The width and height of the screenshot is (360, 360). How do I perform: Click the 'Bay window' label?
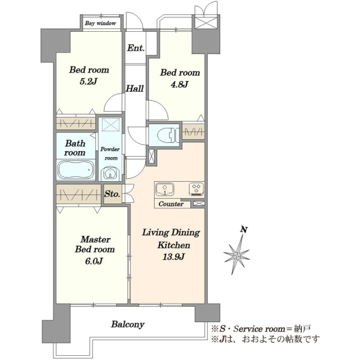point(100,23)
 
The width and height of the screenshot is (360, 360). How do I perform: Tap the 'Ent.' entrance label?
point(136,48)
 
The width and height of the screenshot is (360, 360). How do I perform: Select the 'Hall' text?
point(135,88)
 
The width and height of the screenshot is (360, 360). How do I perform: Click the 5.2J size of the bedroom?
point(89,82)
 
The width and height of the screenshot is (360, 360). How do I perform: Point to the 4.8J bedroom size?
point(179,85)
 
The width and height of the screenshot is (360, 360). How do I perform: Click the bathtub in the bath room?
point(76,170)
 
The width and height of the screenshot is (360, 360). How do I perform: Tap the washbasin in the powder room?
point(110,173)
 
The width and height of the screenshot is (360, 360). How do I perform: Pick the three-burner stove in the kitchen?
point(196,189)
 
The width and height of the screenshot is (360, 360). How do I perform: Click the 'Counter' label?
point(171,204)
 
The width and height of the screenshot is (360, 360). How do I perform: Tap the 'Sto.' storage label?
point(112,194)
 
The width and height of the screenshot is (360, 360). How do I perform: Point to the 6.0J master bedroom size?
point(94,261)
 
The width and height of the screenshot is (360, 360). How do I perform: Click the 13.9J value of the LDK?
point(173,257)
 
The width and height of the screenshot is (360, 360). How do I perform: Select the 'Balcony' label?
point(128,325)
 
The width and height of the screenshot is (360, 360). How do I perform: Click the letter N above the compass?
point(244,229)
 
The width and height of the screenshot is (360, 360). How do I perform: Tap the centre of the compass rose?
point(237,255)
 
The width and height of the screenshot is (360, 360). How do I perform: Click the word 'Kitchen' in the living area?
point(173,245)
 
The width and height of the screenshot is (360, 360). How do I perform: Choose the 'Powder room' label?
point(110,154)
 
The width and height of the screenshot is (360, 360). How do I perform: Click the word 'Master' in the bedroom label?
point(95,239)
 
